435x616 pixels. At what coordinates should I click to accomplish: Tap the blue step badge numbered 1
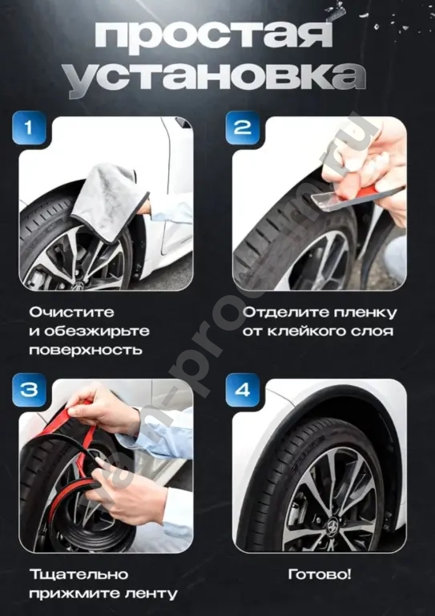pyautogui.click(x=30, y=128)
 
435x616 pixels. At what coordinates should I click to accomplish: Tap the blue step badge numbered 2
pyautogui.click(x=243, y=128)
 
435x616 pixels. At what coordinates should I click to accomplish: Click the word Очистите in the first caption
pyautogui.click(x=71, y=311)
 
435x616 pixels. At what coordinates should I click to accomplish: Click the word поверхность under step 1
pyautogui.click(x=86, y=350)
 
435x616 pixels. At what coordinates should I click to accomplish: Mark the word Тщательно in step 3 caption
pyautogui.click(x=79, y=574)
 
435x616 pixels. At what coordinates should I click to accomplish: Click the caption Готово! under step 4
pyautogui.click(x=319, y=574)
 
